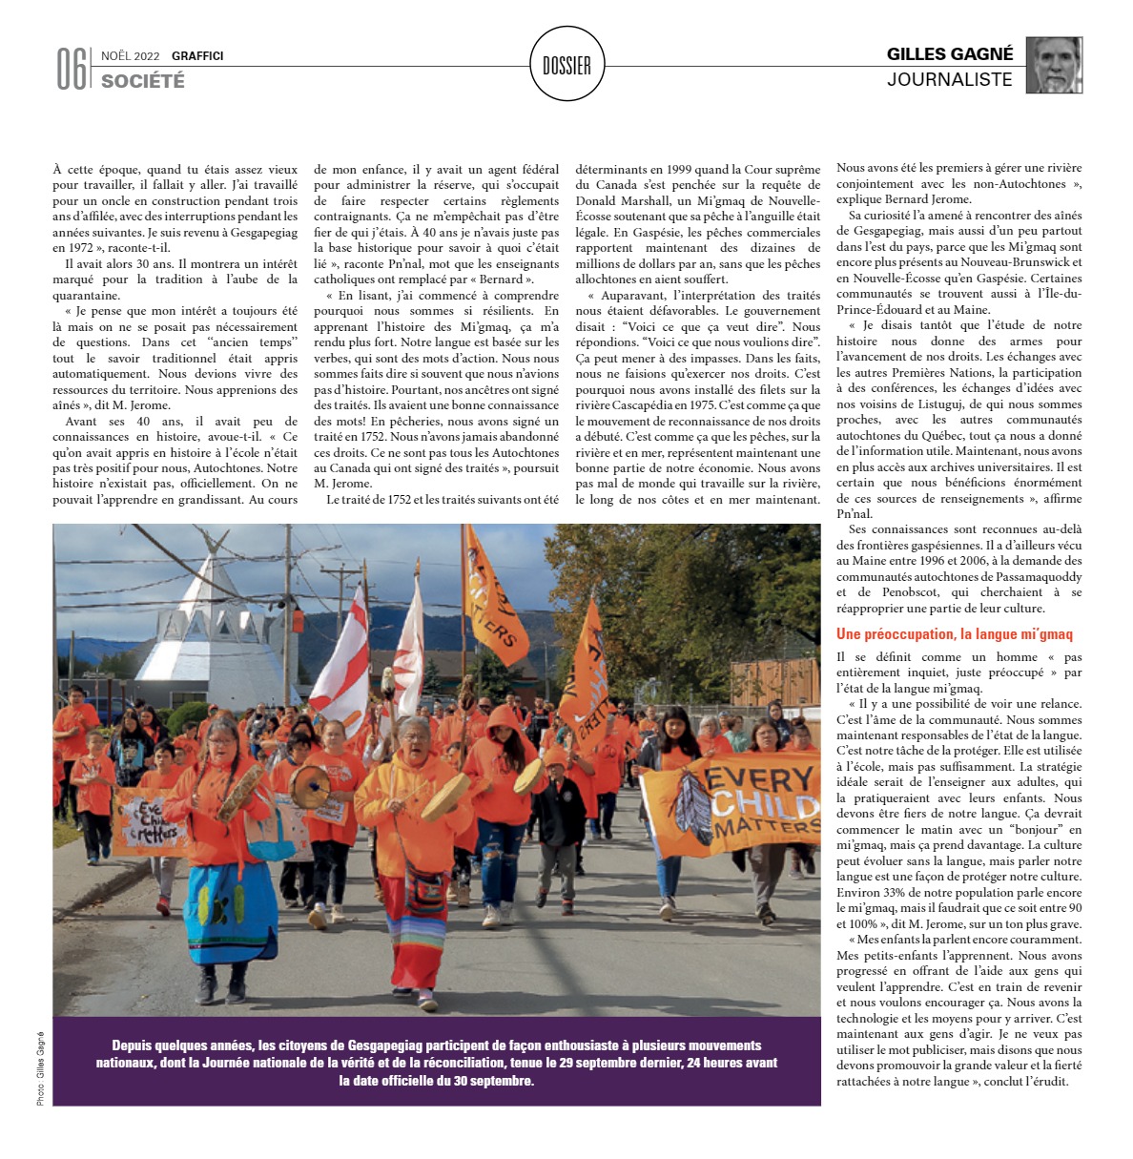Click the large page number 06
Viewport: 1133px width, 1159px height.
72,69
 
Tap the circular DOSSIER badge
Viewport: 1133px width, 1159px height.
566,65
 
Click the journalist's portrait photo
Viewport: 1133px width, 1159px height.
1054,65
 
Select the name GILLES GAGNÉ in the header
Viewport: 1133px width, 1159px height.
949,54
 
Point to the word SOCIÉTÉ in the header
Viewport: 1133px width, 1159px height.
143,81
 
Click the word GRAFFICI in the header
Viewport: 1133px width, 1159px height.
197,56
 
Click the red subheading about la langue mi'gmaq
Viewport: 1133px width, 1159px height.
954,634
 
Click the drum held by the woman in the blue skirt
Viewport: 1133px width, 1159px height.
242,790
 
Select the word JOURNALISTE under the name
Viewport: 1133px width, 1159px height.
949,80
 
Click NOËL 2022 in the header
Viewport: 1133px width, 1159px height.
131,56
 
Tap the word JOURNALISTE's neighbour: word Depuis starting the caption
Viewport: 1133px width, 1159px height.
134,1045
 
